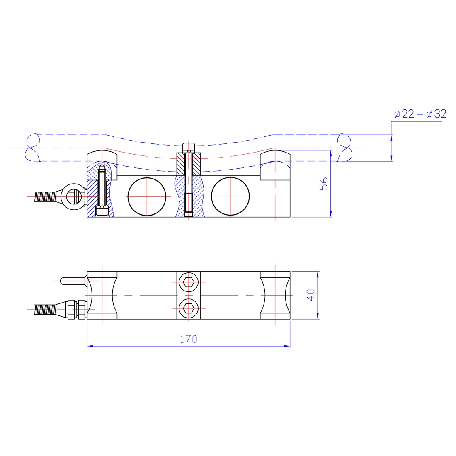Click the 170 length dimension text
pyautogui.click(x=189, y=339)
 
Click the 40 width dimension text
pyautogui.click(x=311, y=295)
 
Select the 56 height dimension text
pyautogui.click(x=324, y=184)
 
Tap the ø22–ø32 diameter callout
pyautogui.click(x=420, y=114)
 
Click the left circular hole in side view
pyautogui.click(x=147, y=196)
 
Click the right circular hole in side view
pyautogui.click(x=230, y=196)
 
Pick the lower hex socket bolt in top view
pyautogui.click(x=189, y=308)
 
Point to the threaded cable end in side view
pyautogui.click(x=44, y=196)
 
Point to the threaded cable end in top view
pyautogui.click(x=45, y=309)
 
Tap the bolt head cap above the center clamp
pyautogui.click(x=189, y=147)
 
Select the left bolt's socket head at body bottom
pyautogui.click(x=102, y=211)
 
